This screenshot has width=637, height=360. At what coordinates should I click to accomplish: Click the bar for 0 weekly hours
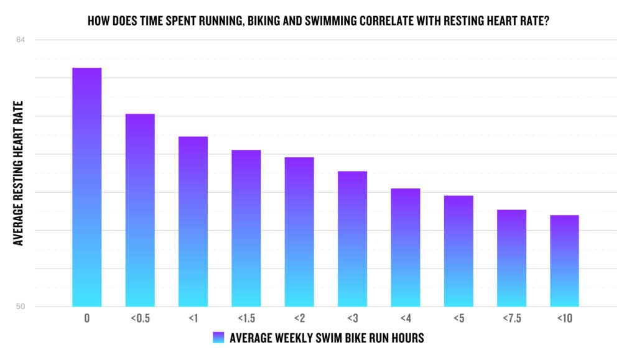pyautogui.click(x=86, y=187)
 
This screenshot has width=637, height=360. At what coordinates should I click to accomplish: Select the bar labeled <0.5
pyautogui.click(x=140, y=210)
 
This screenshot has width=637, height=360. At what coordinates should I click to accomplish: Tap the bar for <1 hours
pyautogui.click(x=193, y=221)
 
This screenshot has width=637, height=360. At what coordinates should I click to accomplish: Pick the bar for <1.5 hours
pyautogui.click(x=246, y=228)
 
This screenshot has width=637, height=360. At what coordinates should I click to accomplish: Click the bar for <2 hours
pyautogui.click(x=299, y=231)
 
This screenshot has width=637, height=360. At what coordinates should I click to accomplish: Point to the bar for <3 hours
pyautogui.click(x=352, y=238)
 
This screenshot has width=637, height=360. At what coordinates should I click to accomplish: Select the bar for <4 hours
pyautogui.click(x=406, y=247)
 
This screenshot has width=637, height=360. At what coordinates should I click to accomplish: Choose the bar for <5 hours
pyautogui.click(x=458, y=251)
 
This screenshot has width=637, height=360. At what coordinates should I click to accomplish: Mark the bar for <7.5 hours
pyautogui.click(x=511, y=257)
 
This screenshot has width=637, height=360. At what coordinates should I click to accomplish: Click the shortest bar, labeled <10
pyautogui.click(x=564, y=261)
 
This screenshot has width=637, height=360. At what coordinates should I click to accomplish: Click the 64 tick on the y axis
pyautogui.click(x=21, y=40)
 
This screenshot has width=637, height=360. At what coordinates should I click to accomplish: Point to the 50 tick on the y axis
pyautogui.click(x=21, y=307)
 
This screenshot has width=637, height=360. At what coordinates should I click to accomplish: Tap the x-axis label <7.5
pyautogui.click(x=511, y=318)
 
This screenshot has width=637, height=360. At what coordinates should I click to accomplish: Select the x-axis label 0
pyautogui.click(x=86, y=318)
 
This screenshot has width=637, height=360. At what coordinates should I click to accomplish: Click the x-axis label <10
pyautogui.click(x=564, y=318)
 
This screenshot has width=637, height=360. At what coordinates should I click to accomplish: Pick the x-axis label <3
pyautogui.click(x=352, y=318)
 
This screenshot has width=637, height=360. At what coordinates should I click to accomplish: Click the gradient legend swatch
pyautogui.click(x=217, y=338)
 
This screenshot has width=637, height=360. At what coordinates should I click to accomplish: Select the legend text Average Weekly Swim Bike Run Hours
pyautogui.click(x=327, y=338)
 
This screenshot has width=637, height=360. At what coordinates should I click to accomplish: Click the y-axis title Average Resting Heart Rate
pyautogui.click(x=19, y=173)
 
